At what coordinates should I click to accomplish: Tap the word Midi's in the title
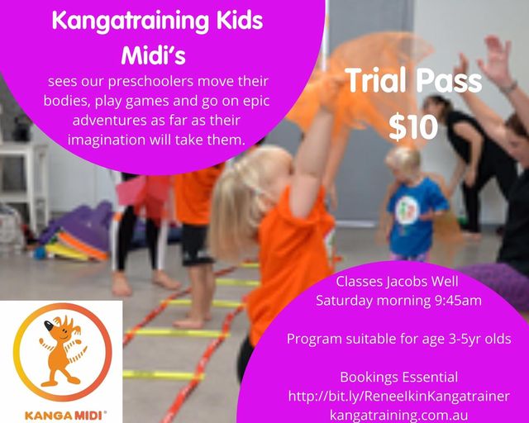tap(153, 55)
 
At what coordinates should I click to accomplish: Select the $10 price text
tap(413, 127)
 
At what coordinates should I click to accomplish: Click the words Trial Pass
tap(413, 81)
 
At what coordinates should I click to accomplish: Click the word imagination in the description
tap(106, 140)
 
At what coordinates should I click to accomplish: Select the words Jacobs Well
tap(422, 281)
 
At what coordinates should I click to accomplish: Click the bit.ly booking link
tap(398, 396)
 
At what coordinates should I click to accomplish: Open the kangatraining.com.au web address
tap(398, 415)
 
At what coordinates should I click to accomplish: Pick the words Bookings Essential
tap(398, 377)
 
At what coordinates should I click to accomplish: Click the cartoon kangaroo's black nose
tap(49, 325)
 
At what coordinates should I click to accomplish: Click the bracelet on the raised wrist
tap(508, 87)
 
